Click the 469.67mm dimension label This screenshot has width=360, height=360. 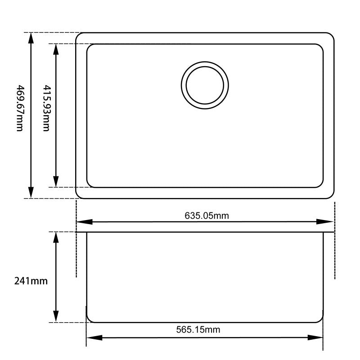[18, 108]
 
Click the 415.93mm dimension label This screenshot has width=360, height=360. [45, 108]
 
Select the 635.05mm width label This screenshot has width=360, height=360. [207, 215]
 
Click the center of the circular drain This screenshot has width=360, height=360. [205, 85]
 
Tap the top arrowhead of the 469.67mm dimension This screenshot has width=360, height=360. [31, 38]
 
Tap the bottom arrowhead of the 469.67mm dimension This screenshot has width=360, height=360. [31, 193]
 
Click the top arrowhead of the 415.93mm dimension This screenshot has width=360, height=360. [56, 49]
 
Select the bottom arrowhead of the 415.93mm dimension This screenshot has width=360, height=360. [56, 182]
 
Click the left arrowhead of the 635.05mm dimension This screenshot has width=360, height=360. [83, 222]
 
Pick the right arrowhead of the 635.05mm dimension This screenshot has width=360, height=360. [328, 222]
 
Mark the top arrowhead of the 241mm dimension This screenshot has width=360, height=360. [56, 237]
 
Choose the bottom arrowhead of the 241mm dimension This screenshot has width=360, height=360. [56, 317]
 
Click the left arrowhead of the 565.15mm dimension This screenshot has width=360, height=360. [93, 338]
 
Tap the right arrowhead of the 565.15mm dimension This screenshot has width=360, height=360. [317, 338]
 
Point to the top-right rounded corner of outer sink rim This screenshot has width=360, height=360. [331, 36]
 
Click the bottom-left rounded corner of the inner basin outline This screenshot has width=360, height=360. [89, 184]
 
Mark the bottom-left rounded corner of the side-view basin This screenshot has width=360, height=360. [89, 319]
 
